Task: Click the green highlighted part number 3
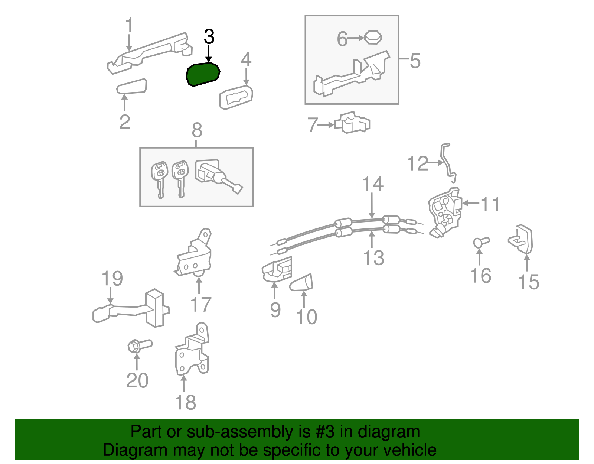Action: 203,74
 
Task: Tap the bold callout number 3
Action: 209,37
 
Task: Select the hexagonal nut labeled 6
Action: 373,38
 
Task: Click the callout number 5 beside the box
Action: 415,61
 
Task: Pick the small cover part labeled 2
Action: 132,87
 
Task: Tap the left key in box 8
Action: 159,178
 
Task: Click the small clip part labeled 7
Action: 353,123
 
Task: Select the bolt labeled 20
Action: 139,345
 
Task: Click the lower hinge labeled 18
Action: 192,351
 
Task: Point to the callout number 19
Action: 112,279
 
